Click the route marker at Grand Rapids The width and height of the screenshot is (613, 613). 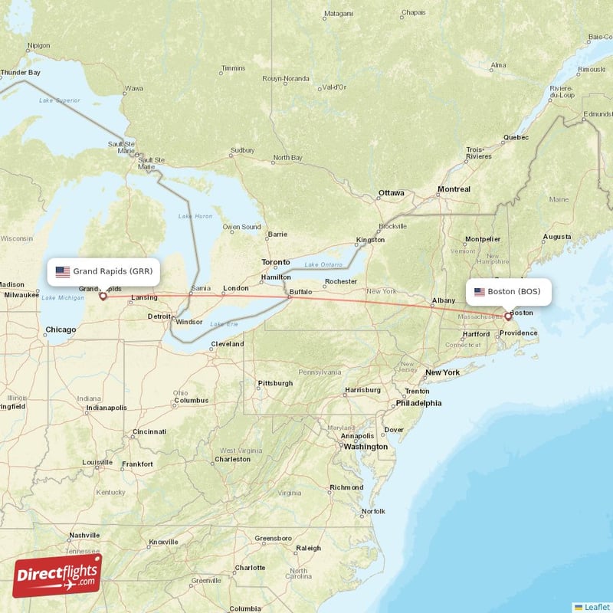(x=103, y=296)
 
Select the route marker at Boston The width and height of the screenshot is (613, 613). (x=507, y=315)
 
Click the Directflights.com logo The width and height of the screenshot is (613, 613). (x=57, y=575)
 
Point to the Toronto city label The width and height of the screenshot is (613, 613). (x=276, y=262)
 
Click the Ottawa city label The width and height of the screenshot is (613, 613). (x=391, y=193)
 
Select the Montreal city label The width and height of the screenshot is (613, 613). (x=454, y=189)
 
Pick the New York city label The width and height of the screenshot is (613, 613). (x=442, y=372)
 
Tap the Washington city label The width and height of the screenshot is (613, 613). (x=366, y=447)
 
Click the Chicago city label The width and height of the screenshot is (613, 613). (x=61, y=330)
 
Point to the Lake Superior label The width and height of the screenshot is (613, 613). (x=60, y=100)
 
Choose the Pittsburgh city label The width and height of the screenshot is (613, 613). (x=275, y=383)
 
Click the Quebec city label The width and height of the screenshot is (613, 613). (x=516, y=138)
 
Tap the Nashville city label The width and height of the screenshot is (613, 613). (x=84, y=536)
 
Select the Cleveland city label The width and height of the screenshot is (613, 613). (x=228, y=344)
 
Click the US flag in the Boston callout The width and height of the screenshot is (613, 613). (x=480, y=292)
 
